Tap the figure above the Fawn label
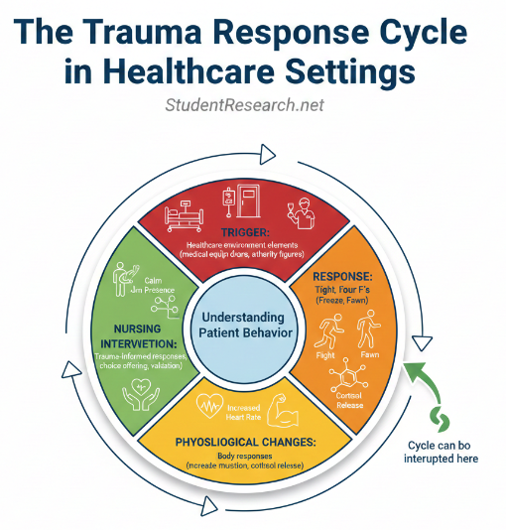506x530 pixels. (x=369, y=328)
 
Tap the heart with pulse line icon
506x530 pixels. (x=210, y=406)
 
